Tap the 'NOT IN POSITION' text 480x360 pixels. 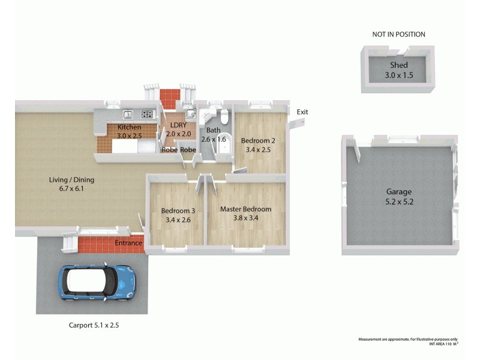(398, 34)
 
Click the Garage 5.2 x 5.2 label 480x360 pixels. (399, 197)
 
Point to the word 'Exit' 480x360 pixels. (302, 112)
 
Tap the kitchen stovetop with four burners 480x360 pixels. (147, 114)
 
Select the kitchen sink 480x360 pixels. (128, 114)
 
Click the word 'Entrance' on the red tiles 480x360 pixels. (129, 243)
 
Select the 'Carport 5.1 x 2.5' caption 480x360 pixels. (97, 326)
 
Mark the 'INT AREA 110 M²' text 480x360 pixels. (443, 344)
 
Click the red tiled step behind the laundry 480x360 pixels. (169, 95)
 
